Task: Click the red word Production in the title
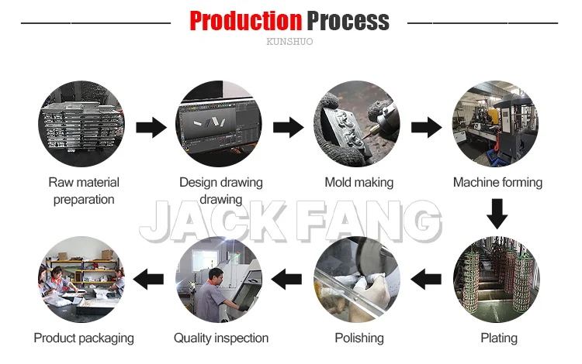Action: pyautogui.click(x=246, y=20)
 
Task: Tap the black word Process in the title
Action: pyautogui.click(x=348, y=20)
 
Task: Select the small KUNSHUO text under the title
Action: pyautogui.click(x=289, y=42)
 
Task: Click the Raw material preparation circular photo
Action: pyautogui.click(x=81, y=124)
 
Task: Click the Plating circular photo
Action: pyautogui.click(x=497, y=280)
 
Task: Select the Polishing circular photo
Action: pyautogui.click(x=359, y=280)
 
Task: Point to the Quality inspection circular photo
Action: pyautogui.click(x=220, y=280)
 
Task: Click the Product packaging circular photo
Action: pyautogui.click(x=81, y=280)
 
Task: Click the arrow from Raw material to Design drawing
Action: pyautogui.click(x=151, y=127)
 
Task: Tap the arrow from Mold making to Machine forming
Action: pyautogui.click(x=427, y=127)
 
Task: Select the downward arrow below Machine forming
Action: pyautogui.click(x=497, y=211)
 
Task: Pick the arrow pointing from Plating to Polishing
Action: pyautogui.click(x=426, y=277)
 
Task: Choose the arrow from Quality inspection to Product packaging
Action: pyautogui.click(x=150, y=277)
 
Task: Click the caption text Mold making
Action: pyautogui.click(x=359, y=183)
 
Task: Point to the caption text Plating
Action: pyautogui.click(x=498, y=338)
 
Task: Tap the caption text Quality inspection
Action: pyautogui.click(x=221, y=338)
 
